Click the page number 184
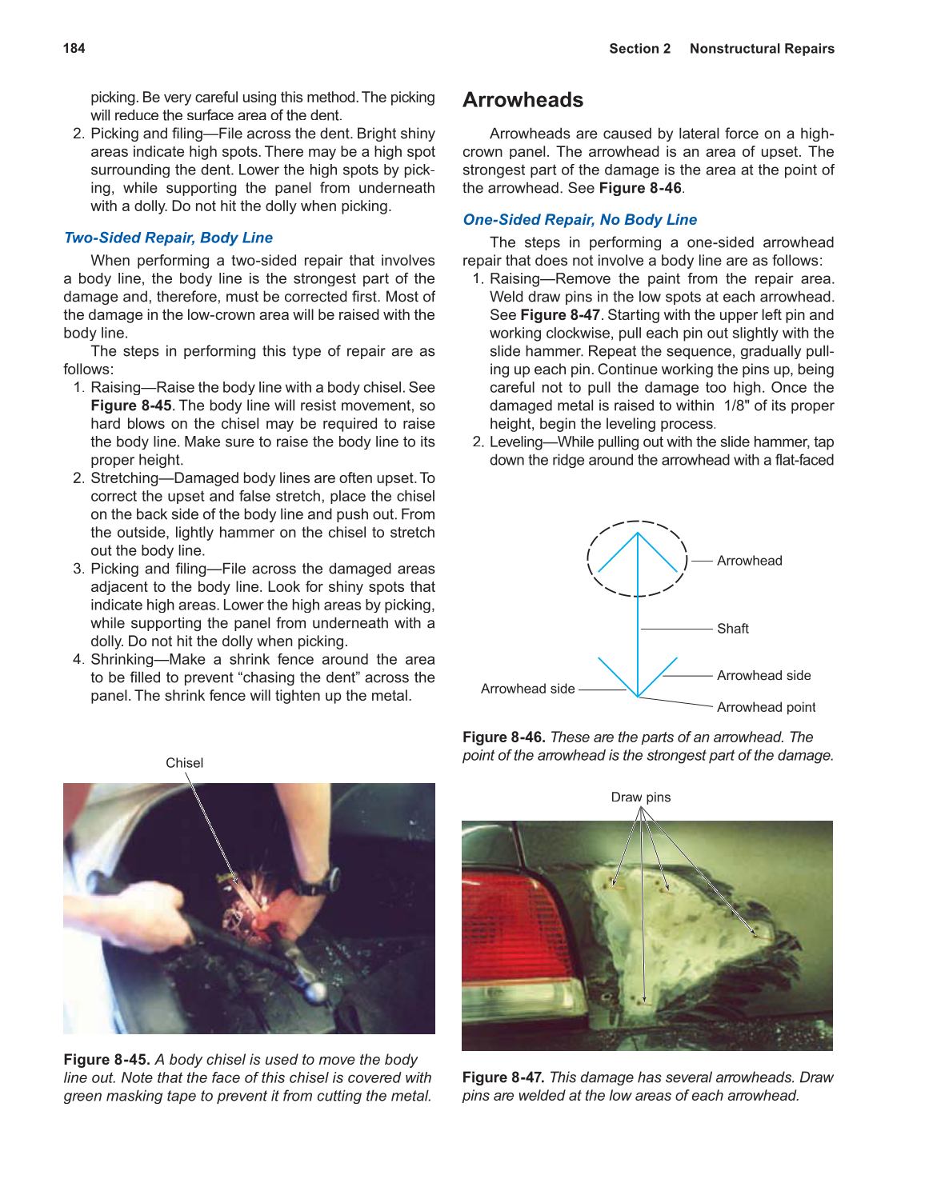tap(74, 48)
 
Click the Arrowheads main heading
tap(523, 100)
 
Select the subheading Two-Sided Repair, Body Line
tap(168, 238)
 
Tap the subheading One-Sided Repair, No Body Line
tap(579, 220)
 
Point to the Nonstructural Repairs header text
tap(762, 49)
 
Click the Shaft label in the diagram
tap(732, 629)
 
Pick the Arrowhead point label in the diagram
tap(766, 707)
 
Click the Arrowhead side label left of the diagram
tap(527, 689)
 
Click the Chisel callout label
tap(184, 763)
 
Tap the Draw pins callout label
tap(640, 797)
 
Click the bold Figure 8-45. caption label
tap(106, 1060)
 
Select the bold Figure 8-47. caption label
tap(503, 1077)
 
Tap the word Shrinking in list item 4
tap(122, 660)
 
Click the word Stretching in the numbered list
tap(124, 478)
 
